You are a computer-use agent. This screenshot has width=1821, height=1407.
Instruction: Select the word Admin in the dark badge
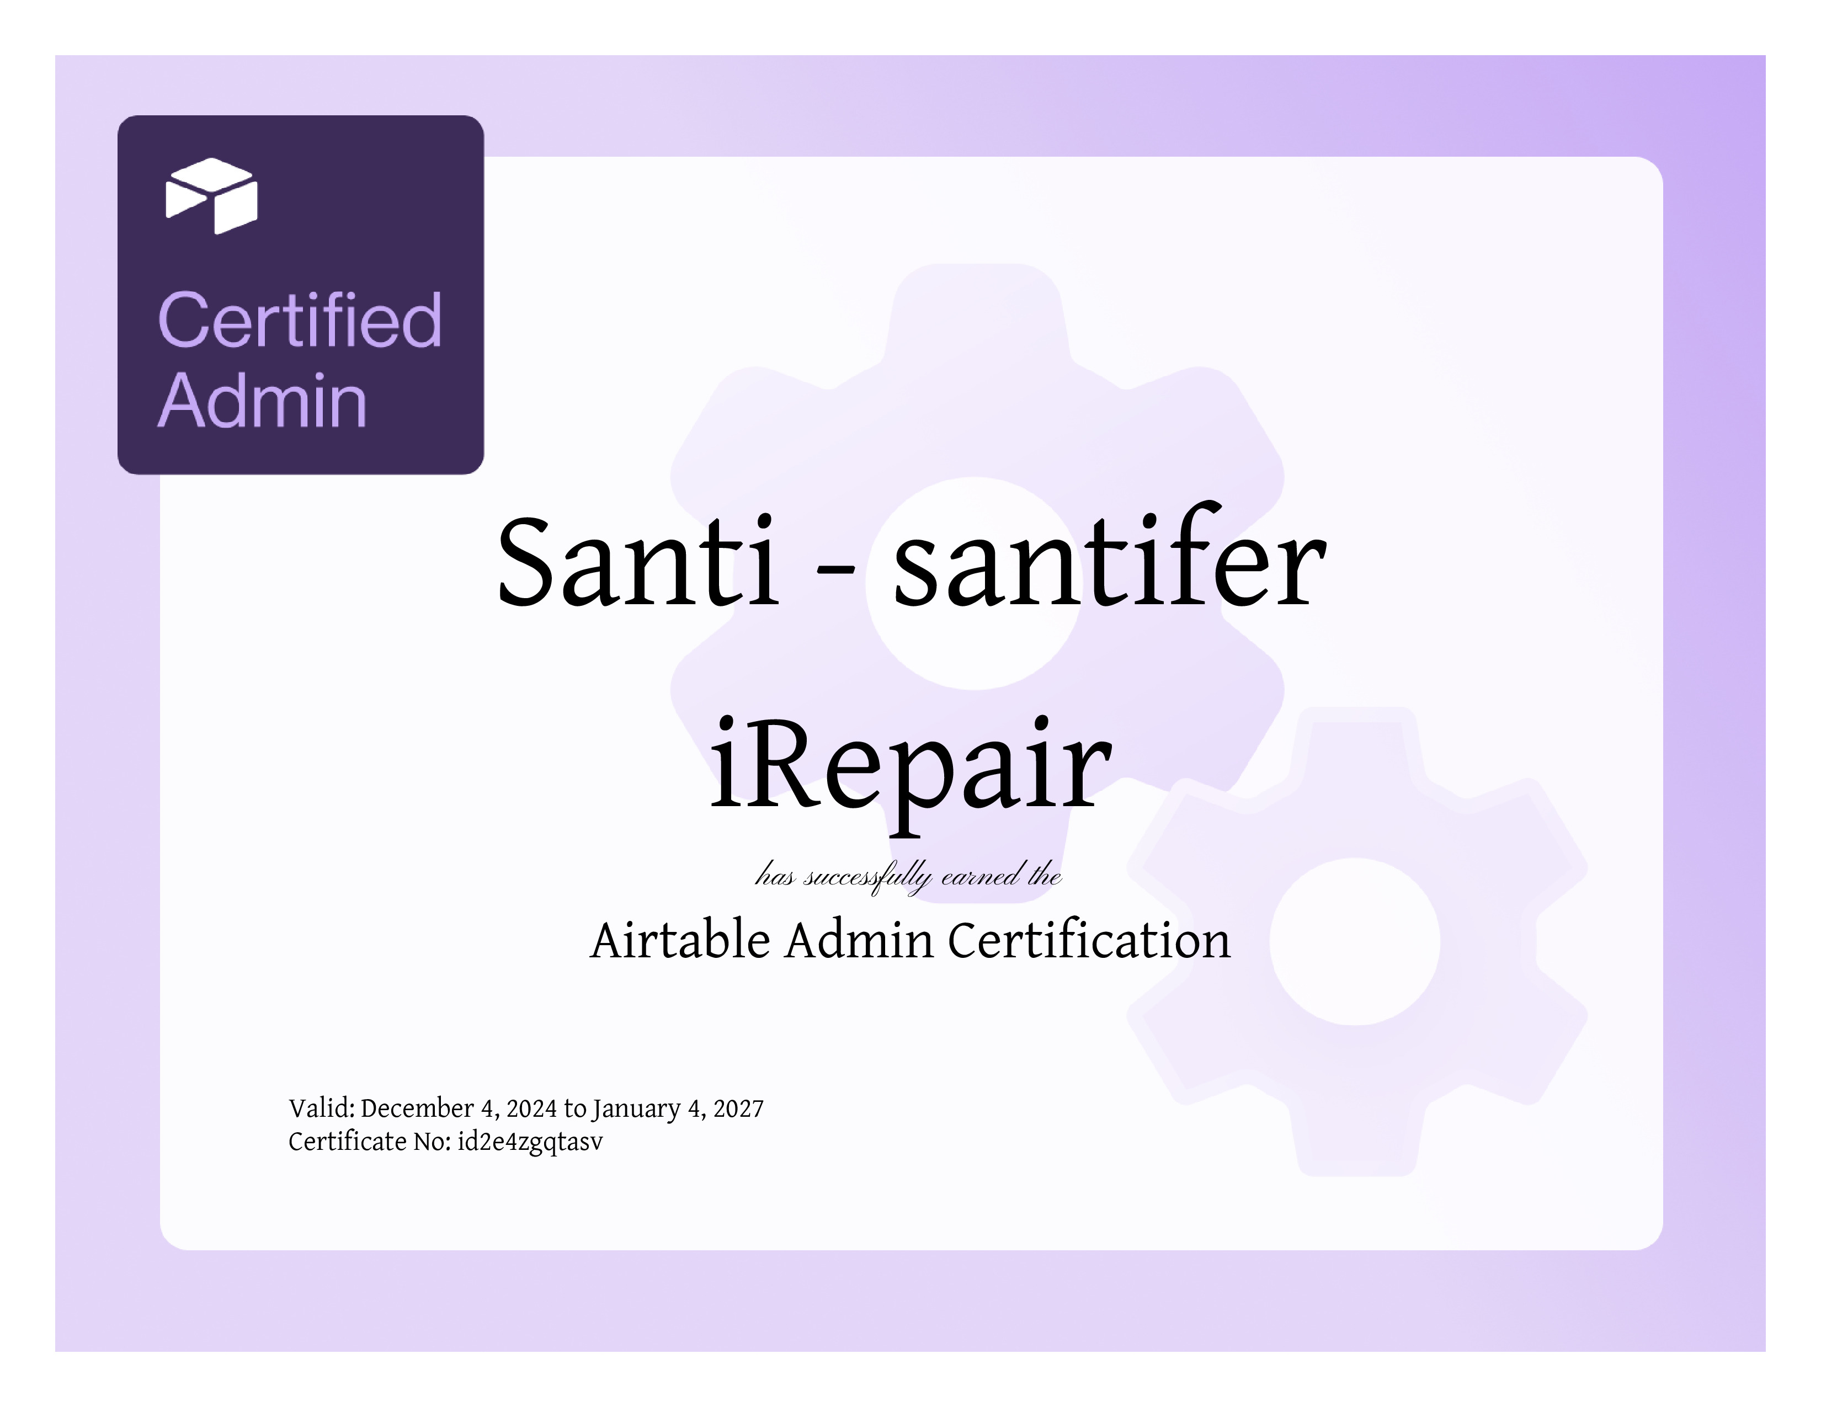[262, 401]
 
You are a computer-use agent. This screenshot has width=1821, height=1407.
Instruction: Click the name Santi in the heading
[638, 563]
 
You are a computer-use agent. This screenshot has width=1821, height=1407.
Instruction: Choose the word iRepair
[910, 771]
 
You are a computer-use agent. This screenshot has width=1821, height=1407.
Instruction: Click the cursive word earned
[981, 875]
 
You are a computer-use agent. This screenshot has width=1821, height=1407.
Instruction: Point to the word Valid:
[322, 1108]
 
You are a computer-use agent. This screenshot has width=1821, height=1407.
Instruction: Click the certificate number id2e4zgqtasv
[530, 1143]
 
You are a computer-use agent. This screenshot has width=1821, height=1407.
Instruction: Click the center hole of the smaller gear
[1355, 941]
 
